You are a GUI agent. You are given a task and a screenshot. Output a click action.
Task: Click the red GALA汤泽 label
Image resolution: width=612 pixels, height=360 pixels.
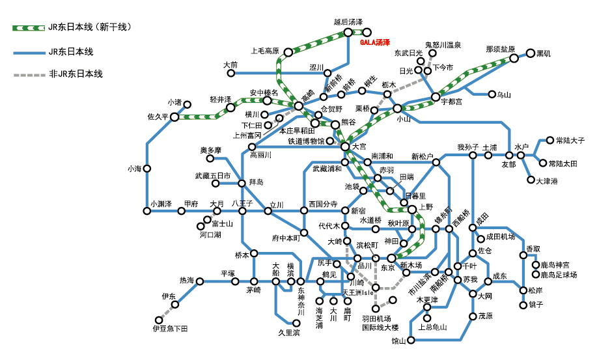(375, 42)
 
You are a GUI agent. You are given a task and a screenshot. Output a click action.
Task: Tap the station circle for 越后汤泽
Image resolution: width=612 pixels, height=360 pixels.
(346, 31)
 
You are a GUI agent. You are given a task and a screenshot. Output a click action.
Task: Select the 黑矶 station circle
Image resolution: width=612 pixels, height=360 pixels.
(531, 53)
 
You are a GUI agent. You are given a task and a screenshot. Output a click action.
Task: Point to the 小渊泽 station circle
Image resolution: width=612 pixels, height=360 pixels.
(148, 211)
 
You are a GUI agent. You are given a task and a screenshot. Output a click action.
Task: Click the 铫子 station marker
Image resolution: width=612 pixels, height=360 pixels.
(523, 305)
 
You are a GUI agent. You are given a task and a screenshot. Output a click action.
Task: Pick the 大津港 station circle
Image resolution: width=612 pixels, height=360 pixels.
(531, 180)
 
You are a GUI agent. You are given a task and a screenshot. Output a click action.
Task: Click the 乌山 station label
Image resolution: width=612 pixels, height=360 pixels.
(503, 95)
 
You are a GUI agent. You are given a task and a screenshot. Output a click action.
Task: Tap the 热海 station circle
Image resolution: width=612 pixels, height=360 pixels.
(200, 282)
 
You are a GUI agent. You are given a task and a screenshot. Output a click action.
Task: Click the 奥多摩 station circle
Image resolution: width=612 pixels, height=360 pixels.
(210, 158)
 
